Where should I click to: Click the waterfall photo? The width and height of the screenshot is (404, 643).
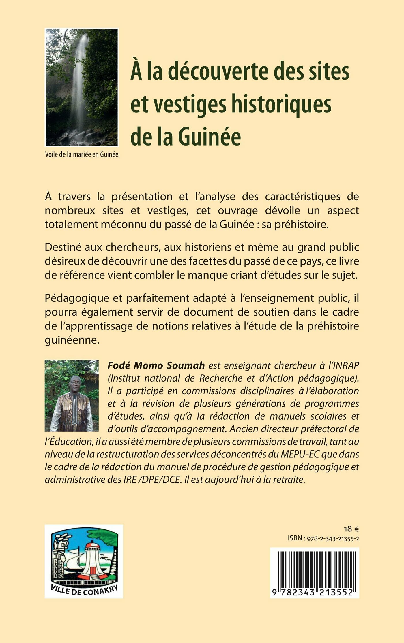coord(82,87)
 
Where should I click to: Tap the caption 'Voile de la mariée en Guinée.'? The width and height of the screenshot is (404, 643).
coord(82,155)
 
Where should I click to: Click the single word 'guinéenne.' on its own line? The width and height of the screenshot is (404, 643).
coord(72,340)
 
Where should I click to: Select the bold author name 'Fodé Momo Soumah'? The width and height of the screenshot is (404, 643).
coord(156,365)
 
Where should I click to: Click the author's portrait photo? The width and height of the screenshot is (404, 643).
coord(72,395)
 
